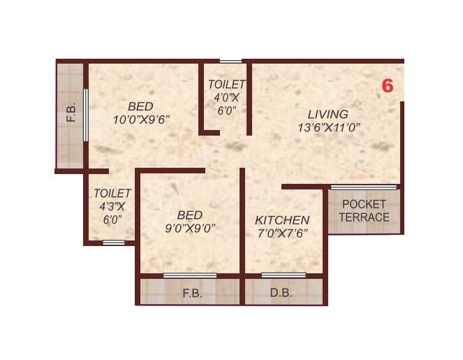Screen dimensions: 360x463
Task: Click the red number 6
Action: [x=388, y=86]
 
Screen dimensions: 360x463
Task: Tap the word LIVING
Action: [x=328, y=114]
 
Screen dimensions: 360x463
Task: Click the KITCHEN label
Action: [x=281, y=219]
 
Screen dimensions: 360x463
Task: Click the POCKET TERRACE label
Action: [x=365, y=210]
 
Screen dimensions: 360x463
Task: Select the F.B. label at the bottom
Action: [x=192, y=294]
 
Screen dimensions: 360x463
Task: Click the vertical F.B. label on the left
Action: [x=71, y=113]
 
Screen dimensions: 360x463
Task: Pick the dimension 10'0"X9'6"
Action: [x=142, y=119]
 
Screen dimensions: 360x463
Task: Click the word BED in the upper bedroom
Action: [x=140, y=106]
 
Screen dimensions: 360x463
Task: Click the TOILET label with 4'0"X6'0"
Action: [x=226, y=85]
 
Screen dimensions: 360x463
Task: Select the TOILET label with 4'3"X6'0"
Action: [x=112, y=192]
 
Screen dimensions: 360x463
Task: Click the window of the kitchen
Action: [x=283, y=275]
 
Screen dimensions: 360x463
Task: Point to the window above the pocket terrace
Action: [x=364, y=187]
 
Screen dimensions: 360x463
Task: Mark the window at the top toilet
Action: [x=231, y=62]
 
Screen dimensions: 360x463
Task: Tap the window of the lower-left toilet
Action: [x=113, y=243]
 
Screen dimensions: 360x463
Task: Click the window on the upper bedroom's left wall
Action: [x=86, y=115]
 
